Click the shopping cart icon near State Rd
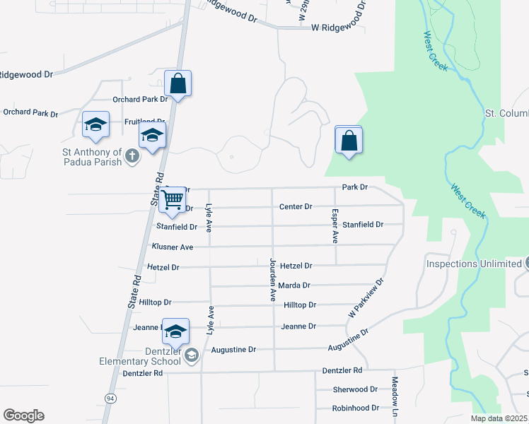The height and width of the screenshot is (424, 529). pos(173,200)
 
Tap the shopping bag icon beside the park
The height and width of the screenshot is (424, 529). pos(349,141)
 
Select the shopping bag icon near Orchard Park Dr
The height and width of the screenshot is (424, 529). pos(178,83)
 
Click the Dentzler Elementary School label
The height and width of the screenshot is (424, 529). pos(140,356)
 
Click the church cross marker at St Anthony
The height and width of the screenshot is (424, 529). pos(131,156)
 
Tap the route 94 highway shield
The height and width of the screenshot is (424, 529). pos(110,399)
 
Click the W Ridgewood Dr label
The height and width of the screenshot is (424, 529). pos(337,28)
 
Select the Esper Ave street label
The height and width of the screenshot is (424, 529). pos(335,226)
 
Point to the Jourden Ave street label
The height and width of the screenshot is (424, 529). pos(272,279)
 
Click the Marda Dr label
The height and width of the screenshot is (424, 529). pos(295,285)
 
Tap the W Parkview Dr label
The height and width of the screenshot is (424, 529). pos(366,296)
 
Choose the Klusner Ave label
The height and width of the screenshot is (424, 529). pos(172,247)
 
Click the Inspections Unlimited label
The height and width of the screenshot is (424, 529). pos(473,264)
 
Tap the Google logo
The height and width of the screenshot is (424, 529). pos(23,416)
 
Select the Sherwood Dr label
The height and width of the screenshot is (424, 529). pos(355,389)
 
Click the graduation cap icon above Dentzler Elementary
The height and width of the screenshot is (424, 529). pos(175,331)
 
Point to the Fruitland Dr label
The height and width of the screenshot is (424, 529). pos(145,122)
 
